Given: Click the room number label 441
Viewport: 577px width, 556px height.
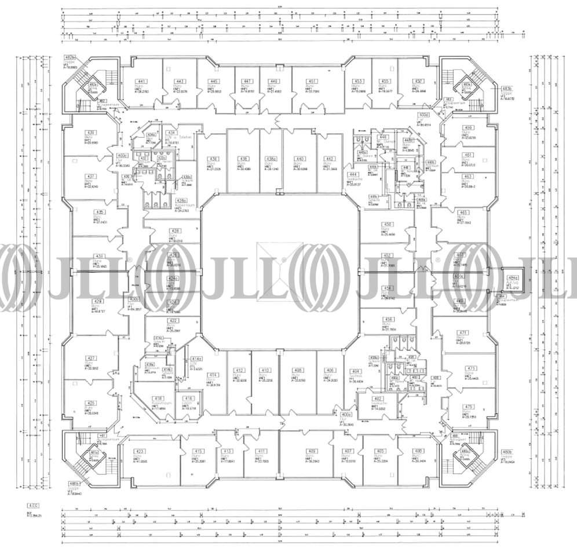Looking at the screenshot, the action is [141, 81].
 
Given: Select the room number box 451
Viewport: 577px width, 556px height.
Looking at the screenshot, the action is [312, 81].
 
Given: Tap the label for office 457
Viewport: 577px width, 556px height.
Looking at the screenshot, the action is [416, 81].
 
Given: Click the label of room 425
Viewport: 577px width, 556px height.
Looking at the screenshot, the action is [91, 403].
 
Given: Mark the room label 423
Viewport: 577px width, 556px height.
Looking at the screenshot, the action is [140, 451].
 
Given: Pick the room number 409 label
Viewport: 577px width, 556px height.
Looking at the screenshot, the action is [312, 451].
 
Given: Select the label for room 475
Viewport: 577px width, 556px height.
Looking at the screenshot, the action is [469, 407].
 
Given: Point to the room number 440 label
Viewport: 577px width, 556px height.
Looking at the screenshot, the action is [300, 159].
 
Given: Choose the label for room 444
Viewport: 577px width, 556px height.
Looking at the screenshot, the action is [352, 174].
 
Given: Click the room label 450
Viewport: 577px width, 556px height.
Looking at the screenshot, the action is [388, 224].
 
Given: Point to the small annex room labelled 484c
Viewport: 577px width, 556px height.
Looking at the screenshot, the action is [513, 278].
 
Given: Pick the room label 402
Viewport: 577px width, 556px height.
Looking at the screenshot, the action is [378, 399].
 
